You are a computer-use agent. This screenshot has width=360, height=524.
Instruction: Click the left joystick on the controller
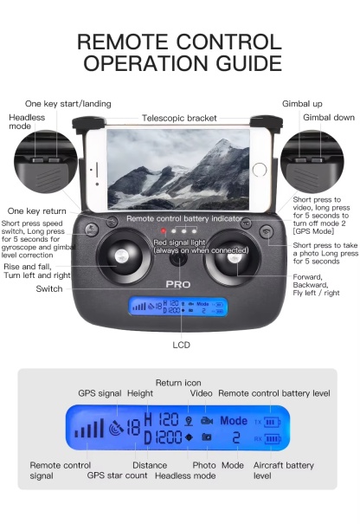(x=121, y=262)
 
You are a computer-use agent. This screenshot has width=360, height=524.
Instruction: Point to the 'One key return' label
(x=36, y=210)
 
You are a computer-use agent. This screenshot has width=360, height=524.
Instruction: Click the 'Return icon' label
(x=178, y=383)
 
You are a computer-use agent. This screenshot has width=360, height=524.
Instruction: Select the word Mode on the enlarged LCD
(x=234, y=420)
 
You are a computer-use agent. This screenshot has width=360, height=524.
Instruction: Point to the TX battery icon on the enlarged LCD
(x=271, y=421)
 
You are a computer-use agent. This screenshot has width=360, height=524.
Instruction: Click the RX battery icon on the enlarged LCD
(x=271, y=439)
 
